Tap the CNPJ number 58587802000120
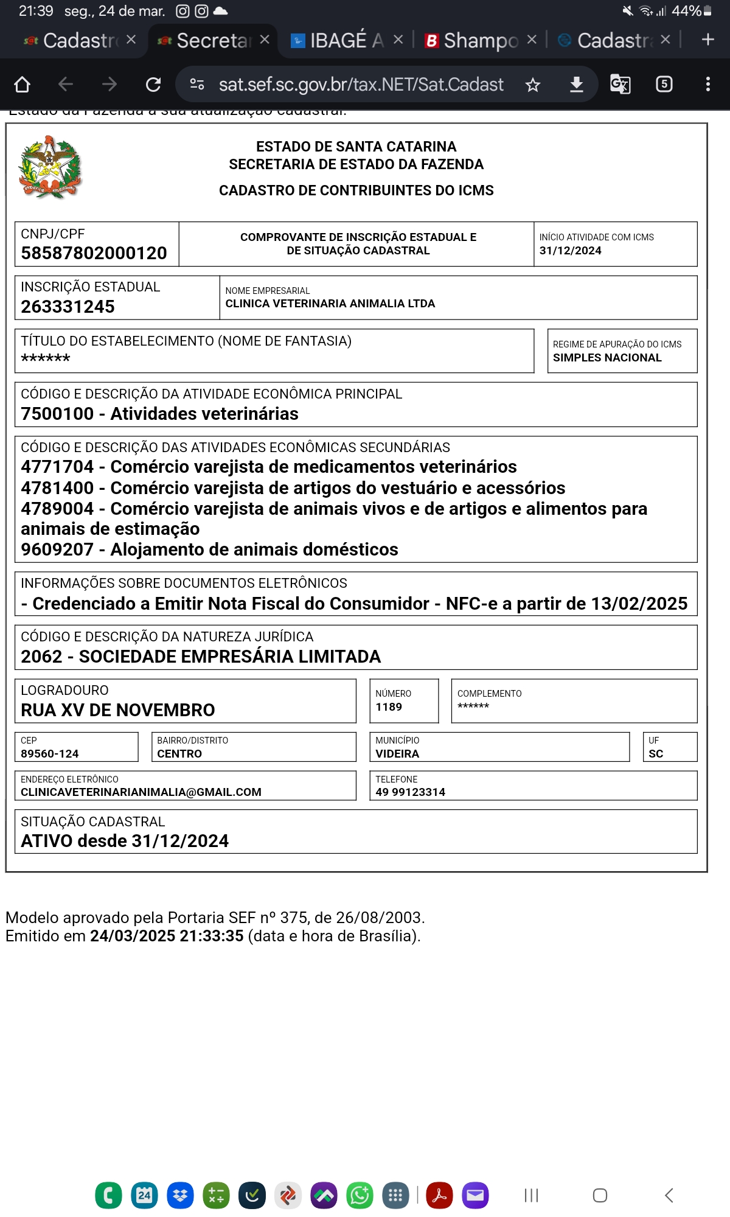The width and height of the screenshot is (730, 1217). (x=94, y=253)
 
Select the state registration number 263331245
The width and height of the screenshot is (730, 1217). (x=68, y=307)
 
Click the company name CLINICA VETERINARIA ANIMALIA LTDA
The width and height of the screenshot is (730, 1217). (x=330, y=304)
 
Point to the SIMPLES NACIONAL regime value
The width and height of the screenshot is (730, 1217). (x=607, y=358)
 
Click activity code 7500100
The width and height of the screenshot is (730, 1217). (x=57, y=414)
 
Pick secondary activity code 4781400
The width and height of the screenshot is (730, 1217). (x=57, y=488)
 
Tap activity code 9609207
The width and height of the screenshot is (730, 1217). (x=57, y=549)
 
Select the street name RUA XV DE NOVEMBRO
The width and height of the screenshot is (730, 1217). (x=118, y=710)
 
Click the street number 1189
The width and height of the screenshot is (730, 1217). (x=389, y=707)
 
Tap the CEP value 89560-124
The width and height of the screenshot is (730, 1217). (x=50, y=754)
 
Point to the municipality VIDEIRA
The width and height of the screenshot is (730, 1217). (x=397, y=754)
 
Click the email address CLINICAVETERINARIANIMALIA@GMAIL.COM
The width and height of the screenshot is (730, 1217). (x=141, y=792)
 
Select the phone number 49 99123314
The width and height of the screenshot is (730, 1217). (x=410, y=792)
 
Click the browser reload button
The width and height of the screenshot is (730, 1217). (x=153, y=84)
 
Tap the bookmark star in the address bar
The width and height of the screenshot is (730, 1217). (x=533, y=85)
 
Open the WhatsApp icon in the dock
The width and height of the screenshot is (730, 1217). (x=360, y=1196)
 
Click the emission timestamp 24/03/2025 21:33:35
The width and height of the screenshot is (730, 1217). (x=167, y=936)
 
